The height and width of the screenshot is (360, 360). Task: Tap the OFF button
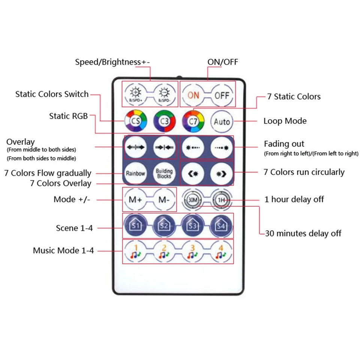coord(222,95)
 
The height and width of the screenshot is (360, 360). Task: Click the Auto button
coord(222,121)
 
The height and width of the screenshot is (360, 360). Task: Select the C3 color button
coord(164,121)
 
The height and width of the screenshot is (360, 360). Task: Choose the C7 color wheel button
coord(193,121)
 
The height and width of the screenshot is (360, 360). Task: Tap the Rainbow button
coord(135,173)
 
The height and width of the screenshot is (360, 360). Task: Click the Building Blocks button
coord(164,173)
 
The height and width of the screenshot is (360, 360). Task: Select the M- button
coord(164,200)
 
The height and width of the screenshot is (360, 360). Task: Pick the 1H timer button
coord(222,200)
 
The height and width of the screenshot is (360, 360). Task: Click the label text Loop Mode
coord(285,121)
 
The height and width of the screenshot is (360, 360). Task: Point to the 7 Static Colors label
coord(294,97)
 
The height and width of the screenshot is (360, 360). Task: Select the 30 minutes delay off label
coord(303,233)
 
